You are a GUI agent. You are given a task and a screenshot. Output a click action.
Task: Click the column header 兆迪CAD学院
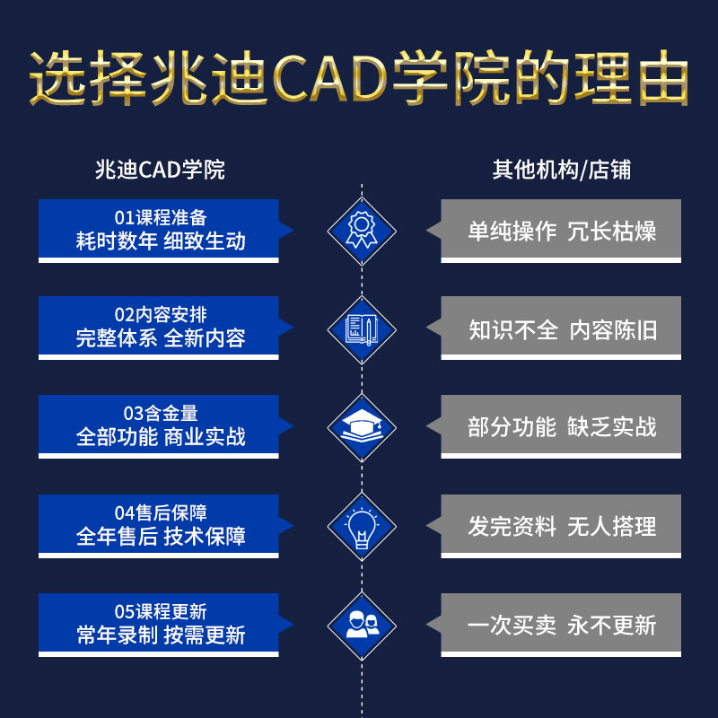pos(160,170)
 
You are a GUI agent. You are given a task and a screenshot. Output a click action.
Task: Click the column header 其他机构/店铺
pos(561,170)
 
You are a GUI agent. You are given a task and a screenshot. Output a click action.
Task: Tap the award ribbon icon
pos(361,231)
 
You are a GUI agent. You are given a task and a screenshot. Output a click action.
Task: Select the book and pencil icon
pos(361,329)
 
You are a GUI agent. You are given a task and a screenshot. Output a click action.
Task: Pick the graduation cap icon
pos(361,427)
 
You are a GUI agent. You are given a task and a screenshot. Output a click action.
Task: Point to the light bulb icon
pos(361,526)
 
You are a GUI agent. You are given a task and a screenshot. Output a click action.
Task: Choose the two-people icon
pos(361,625)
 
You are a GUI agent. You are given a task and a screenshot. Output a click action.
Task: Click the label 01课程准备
pos(161,218)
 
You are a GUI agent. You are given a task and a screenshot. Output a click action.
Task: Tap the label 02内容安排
pos(161,315)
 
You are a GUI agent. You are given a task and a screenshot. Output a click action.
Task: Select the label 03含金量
pos(161,414)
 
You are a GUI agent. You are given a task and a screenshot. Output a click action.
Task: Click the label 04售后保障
pos(161,512)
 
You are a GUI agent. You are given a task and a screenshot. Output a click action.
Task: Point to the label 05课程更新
pos(161,611)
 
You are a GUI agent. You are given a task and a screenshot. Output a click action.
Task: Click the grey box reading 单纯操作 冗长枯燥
pos(562,231)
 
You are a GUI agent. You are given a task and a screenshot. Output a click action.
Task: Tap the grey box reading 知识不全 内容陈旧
pos(562,329)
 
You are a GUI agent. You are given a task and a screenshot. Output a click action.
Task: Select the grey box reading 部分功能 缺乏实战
pos(562,427)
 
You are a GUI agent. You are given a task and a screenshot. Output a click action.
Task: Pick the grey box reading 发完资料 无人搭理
pos(562,526)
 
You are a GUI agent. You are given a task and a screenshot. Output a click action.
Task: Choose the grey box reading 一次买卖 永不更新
pos(562,625)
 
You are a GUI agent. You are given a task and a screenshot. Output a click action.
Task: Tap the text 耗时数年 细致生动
pos(161,241)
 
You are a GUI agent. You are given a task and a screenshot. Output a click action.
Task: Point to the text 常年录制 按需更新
pos(161,635)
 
